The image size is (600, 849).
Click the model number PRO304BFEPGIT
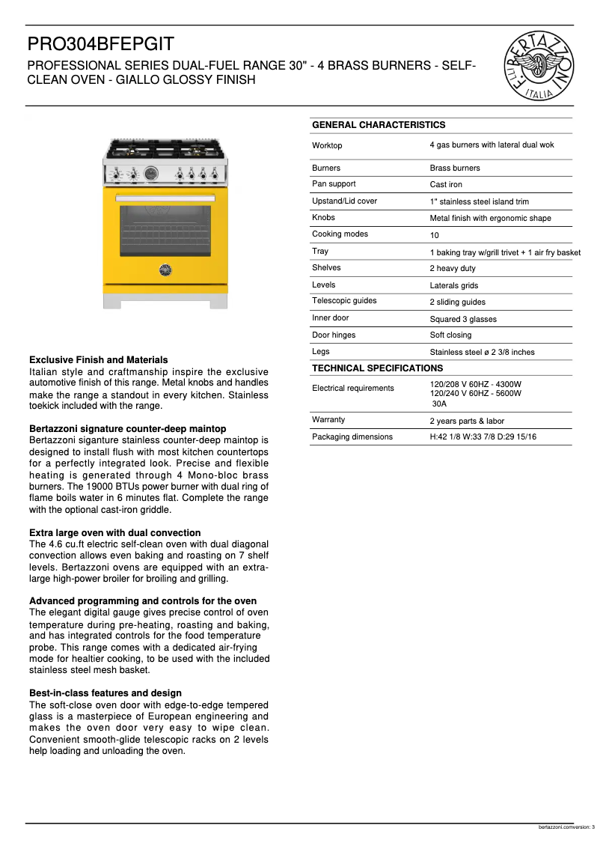click(101, 45)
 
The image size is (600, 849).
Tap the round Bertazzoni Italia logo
click(542, 67)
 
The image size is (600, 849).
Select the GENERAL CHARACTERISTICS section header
click(379, 125)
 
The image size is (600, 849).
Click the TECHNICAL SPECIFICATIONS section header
click(377, 368)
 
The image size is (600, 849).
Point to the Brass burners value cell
click(455, 168)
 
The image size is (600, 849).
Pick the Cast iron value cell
click(446, 185)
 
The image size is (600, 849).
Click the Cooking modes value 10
click(434, 235)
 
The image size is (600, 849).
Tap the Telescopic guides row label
click(344, 301)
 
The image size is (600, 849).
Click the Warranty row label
click(328, 420)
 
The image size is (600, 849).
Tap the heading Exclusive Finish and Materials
click(98, 360)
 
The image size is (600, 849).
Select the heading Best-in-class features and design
click(105, 693)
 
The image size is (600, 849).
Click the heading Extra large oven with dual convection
click(114, 533)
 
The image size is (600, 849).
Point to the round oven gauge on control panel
click(152, 173)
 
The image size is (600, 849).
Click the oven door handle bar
click(165, 198)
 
